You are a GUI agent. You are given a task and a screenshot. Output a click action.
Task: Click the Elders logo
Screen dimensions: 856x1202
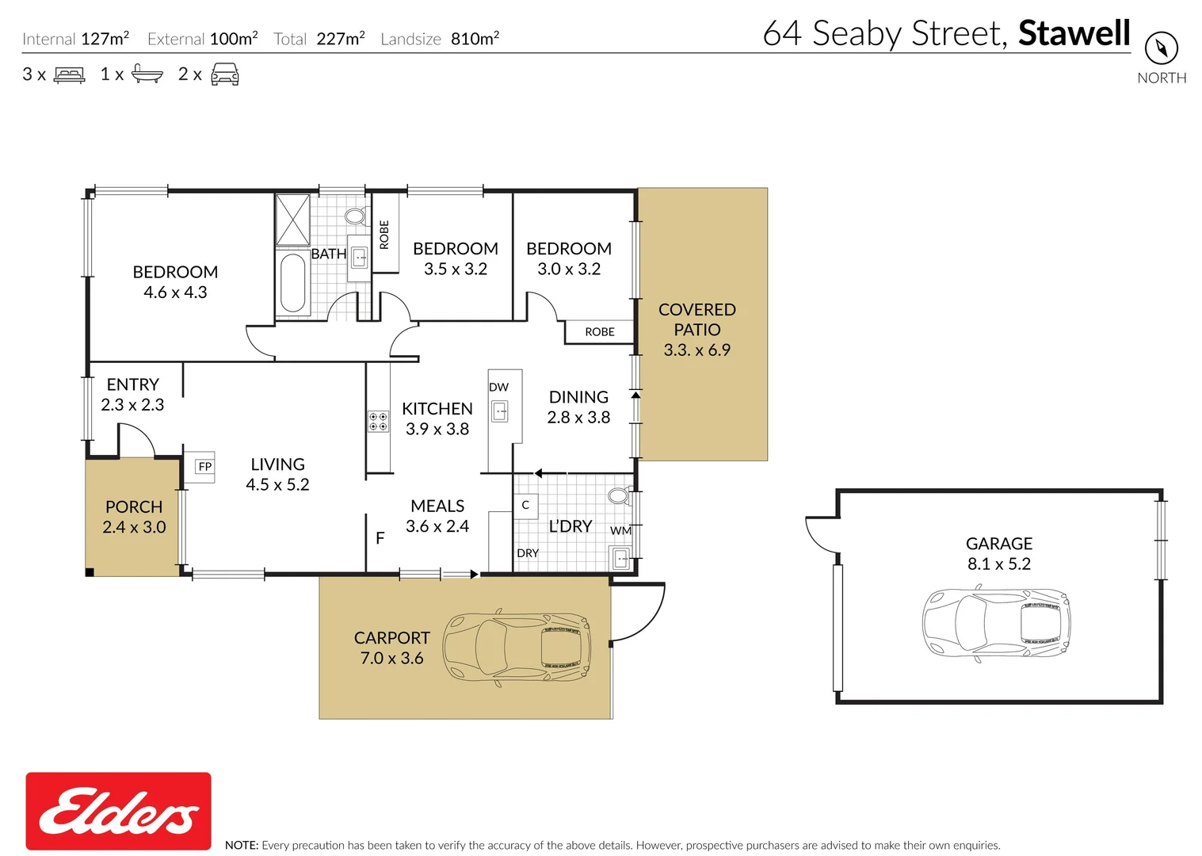pos(119,811)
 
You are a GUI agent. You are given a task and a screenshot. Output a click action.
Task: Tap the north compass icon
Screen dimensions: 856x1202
pos(1161,48)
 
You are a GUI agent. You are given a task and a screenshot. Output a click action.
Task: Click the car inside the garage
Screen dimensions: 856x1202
pos(996,622)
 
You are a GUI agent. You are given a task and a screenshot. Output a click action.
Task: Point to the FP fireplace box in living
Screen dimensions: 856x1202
pos(205,466)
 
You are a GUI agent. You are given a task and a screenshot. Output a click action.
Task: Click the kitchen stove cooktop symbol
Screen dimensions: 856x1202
pos(378,421)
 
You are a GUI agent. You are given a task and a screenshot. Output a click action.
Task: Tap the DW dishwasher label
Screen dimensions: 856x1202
pos(498,387)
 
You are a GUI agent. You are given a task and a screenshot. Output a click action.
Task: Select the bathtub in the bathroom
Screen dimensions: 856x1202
pos(292,283)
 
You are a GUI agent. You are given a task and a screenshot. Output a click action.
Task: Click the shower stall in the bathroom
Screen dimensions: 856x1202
pos(292,220)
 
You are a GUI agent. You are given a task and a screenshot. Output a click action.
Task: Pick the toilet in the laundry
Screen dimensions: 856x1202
pos(618,496)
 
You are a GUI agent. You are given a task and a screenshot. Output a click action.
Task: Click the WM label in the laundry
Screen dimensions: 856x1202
pos(620,530)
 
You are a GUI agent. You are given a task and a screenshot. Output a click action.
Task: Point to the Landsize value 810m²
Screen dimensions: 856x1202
pos(475,38)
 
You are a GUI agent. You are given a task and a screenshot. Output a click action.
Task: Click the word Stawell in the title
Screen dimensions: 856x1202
pos(1074,33)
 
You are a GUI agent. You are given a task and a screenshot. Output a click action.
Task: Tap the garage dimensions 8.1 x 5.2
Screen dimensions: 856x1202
pos(998,564)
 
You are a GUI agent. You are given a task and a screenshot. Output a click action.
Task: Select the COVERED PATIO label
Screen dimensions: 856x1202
pos(696,319)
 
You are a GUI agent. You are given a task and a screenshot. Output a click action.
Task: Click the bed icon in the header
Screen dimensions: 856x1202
pos(69,75)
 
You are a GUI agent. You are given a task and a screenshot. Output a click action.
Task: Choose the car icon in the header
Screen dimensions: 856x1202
pos(225,75)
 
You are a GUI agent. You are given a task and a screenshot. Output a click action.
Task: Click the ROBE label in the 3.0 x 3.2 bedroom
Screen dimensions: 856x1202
pos(600,331)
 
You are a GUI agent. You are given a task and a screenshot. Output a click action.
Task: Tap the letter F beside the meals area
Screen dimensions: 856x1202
pos(380,538)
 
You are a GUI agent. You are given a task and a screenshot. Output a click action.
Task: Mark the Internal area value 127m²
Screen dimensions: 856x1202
pos(105,38)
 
